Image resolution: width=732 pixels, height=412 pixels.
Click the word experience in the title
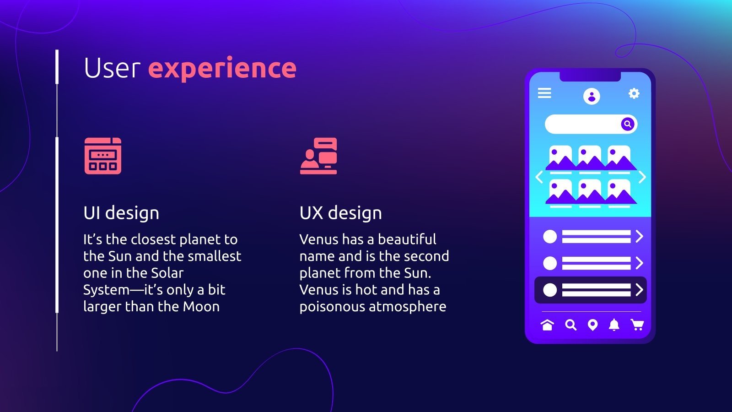pos(222,69)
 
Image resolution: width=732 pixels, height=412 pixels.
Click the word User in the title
pos(112,69)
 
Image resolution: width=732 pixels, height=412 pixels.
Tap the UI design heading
pos(121,213)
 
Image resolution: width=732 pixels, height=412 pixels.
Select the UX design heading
pos(340,213)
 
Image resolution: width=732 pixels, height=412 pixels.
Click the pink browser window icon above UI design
pos(103,156)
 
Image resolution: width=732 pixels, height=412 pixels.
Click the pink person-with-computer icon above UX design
pos(318,156)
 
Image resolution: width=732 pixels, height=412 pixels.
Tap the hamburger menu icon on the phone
pos(544,93)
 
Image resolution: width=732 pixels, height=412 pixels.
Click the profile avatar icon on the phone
pos(592,96)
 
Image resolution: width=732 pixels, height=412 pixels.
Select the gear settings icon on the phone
pos(634,94)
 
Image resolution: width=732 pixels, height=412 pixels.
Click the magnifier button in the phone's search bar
pos(628,124)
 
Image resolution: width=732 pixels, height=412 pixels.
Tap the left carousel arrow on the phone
pos(539,177)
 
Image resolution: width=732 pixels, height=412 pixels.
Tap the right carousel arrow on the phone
pos(642,177)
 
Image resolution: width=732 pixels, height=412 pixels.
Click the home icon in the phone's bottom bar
pos(547,325)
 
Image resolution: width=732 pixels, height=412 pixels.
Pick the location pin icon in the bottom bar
pos(592,325)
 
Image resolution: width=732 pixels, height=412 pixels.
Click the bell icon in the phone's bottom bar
pos(614,325)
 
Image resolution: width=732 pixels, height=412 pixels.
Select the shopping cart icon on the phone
pos(637,325)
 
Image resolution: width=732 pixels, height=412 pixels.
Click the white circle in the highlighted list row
pos(550,290)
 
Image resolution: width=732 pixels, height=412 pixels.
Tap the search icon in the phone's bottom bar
pos(571,325)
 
